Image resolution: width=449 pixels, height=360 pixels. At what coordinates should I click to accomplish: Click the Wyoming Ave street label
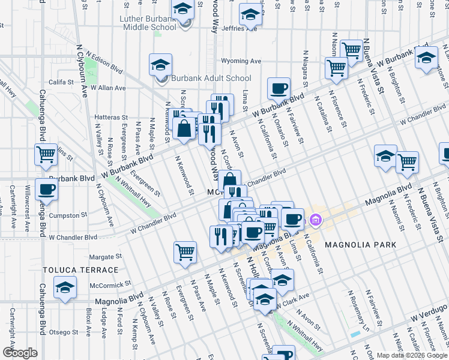[241, 61]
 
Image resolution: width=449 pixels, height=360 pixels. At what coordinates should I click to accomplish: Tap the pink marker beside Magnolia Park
[316, 221]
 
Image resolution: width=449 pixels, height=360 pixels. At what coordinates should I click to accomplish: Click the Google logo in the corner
[19, 353]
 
